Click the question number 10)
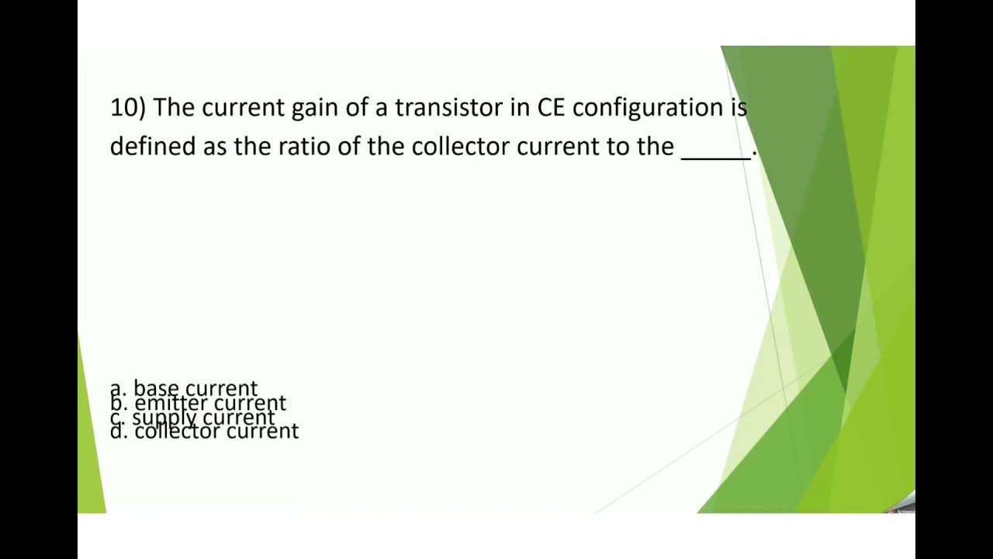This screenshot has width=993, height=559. pos(127,108)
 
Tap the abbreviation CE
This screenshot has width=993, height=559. pos(552,108)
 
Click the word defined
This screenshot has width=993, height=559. pos(153,147)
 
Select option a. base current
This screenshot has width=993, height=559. pos(184,387)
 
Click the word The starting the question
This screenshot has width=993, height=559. pos(174,108)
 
